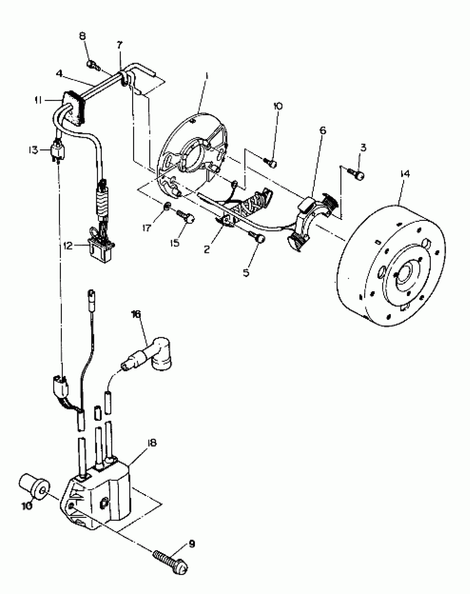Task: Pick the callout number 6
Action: (323, 130)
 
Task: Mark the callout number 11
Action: (38, 100)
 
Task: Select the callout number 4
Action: (59, 74)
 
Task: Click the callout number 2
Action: (207, 249)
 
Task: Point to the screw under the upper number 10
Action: (271, 163)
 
